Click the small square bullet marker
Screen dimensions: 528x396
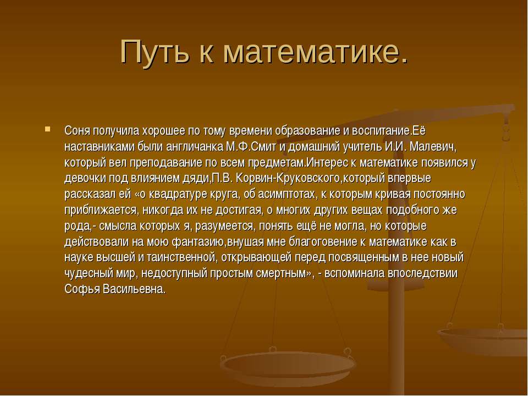click(47, 129)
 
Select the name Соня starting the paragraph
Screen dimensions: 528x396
click(77, 131)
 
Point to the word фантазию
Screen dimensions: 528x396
click(199, 242)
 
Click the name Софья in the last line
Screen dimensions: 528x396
click(82, 289)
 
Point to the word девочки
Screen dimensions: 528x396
click(85, 178)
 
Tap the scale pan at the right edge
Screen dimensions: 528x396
click(483, 340)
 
